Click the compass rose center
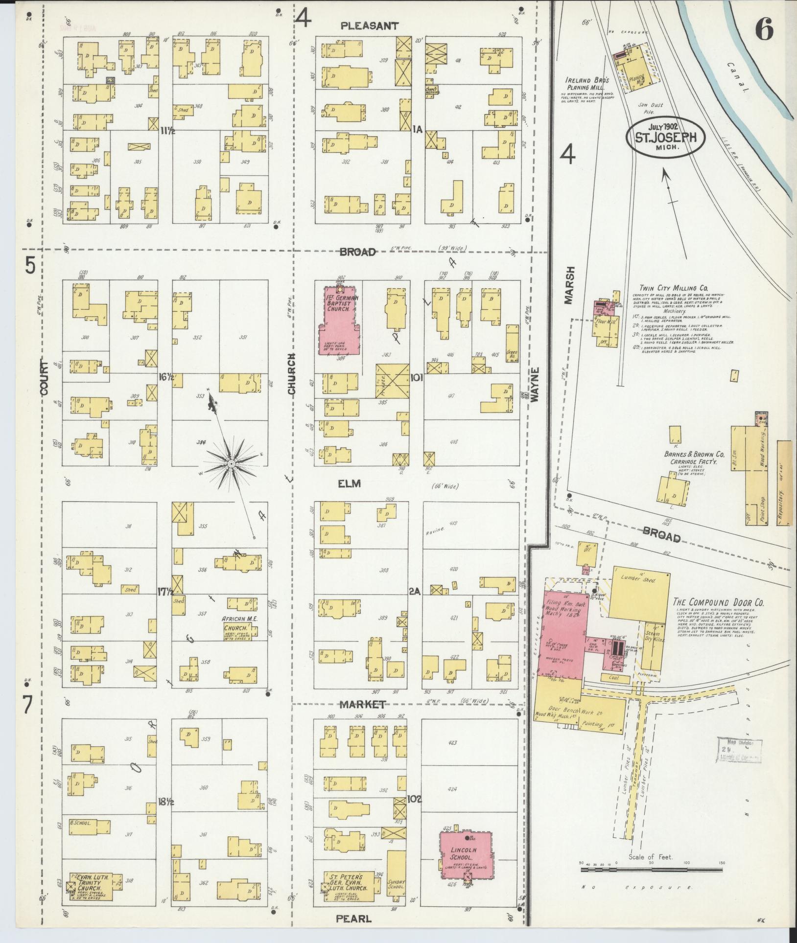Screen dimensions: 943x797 click(x=230, y=463)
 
